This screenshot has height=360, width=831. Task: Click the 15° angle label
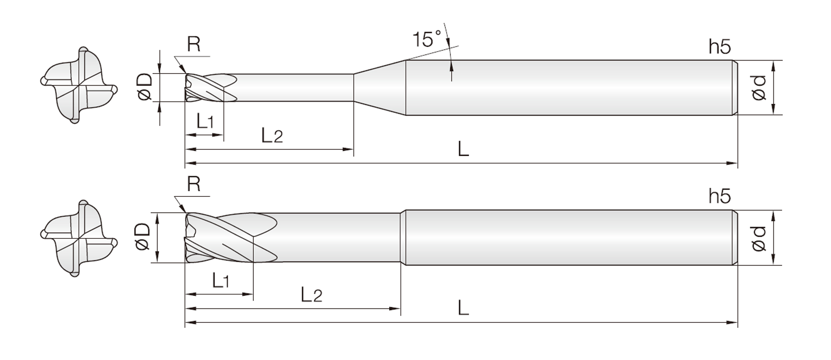pos(426,39)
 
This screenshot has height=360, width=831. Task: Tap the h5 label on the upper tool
pos(719,46)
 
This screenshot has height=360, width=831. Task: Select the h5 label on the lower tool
pos(719,196)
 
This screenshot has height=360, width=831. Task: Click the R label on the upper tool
pos(193,44)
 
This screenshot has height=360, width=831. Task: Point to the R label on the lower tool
pos(193,184)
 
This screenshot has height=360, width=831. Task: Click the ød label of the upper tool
pos(758,88)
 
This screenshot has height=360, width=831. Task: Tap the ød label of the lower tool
pos(758,238)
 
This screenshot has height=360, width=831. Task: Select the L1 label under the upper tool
pos(205,121)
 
